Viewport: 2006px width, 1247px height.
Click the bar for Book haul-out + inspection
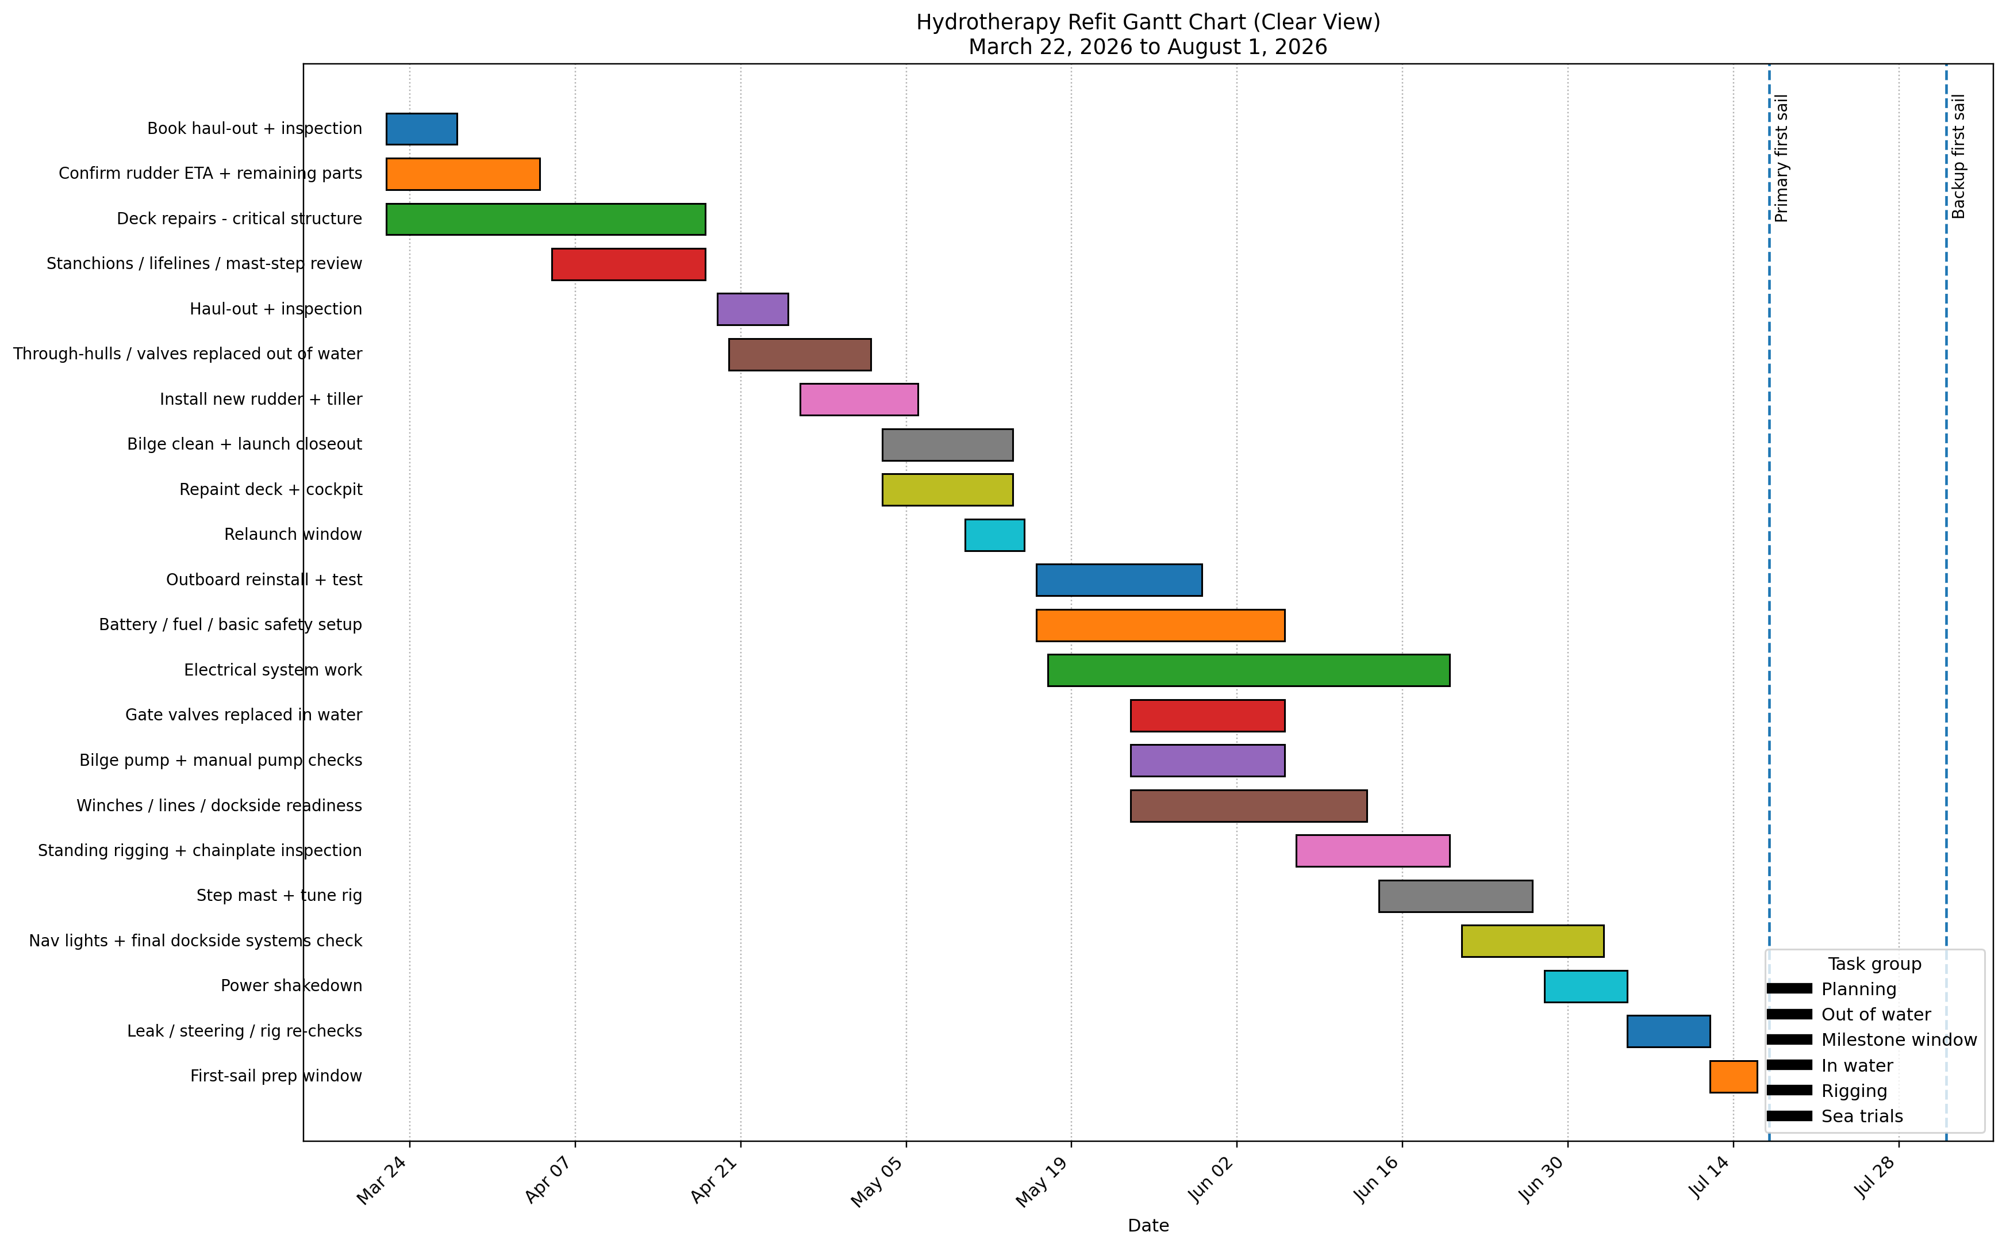421,129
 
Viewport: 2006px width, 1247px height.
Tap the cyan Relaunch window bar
994,535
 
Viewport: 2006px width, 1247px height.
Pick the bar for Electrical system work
1248,670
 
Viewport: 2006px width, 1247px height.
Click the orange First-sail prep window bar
1733,1076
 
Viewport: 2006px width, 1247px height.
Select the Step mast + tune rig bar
1455,896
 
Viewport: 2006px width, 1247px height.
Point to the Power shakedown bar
1585,987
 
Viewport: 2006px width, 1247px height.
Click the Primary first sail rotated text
1782,158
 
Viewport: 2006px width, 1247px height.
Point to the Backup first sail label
1959,157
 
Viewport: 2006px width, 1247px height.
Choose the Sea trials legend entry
1862,1116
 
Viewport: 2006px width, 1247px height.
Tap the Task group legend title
1874,964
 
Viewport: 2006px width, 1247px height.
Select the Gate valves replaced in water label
243,715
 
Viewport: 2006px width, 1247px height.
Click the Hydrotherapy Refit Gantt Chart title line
1148,22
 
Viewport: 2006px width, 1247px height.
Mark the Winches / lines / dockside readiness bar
1248,806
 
